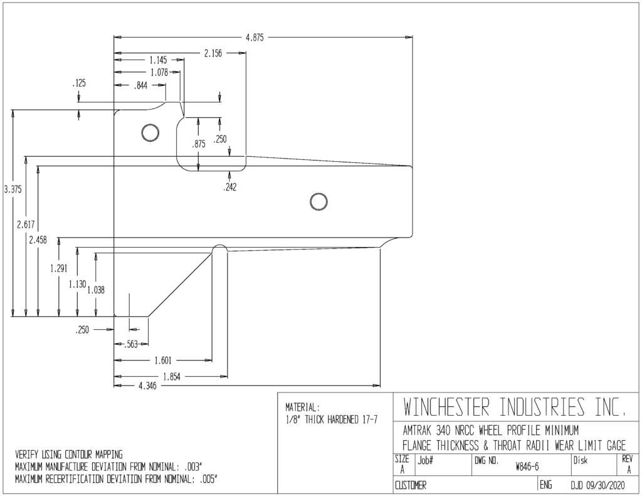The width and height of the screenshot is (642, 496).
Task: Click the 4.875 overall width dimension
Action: coord(255,38)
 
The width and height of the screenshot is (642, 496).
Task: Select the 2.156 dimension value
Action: coord(213,53)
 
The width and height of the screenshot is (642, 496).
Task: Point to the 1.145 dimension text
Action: coord(158,60)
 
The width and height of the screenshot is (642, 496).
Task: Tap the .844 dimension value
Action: coord(141,86)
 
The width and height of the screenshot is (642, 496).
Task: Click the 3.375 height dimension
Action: coord(13,189)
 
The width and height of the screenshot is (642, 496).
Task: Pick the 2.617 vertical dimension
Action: coord(26,224)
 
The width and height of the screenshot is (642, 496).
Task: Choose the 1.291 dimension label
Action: coord(58,268)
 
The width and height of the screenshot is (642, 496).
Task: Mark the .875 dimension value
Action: coord(199,144)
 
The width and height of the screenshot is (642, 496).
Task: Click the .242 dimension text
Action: coord(230,187)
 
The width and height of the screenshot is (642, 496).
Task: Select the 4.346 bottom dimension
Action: coord(147,386)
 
